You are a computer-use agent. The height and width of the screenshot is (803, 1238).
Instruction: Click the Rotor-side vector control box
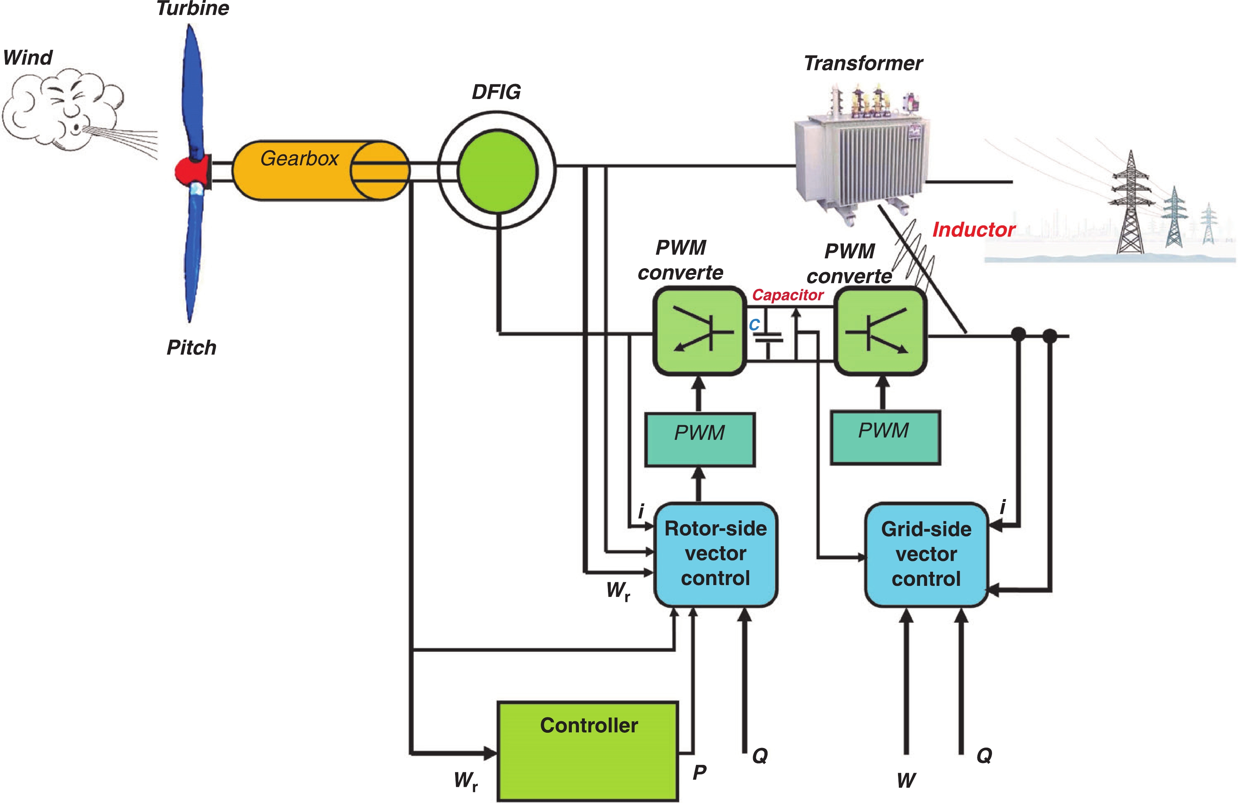(x=715, y=554)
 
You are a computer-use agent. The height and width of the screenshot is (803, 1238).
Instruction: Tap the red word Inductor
(x=973, y=230)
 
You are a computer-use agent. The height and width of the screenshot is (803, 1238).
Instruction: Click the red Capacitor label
(x=788, y=295)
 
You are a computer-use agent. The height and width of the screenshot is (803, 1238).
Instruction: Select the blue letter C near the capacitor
(x=754, y=325)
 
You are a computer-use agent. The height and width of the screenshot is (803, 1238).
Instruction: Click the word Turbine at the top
(x=193, y=8)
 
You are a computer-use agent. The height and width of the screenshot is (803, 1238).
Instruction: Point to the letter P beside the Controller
(x=699, y=772)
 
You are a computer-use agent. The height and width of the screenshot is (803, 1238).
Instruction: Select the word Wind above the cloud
(x=28, y=58)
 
